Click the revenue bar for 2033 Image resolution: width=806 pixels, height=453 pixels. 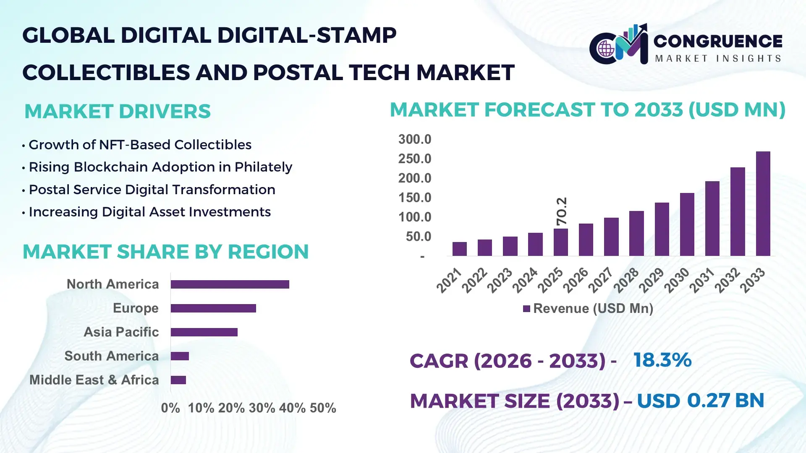click(763, 204)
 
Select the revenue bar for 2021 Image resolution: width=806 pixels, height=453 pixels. click(459, 249)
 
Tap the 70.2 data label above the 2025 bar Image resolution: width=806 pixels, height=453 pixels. click(561, 211)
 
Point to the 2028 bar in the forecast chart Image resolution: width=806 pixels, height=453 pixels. click(636, 233)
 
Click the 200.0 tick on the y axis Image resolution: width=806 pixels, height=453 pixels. click(414, 178)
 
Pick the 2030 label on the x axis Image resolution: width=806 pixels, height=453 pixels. click(676, 280)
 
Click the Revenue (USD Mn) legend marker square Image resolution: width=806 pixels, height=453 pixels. click(526, 309)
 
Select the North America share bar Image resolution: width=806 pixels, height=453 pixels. click(230, 284)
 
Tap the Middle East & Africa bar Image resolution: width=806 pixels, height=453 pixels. click(178, 380)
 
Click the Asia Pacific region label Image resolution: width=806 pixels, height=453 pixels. click(121, 332)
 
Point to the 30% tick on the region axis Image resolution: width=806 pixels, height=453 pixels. click(262, 408)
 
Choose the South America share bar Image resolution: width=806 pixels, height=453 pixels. click(180, 356)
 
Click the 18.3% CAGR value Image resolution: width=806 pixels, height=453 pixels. click(662, 360)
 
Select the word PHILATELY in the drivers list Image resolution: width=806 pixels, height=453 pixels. click(263, 167)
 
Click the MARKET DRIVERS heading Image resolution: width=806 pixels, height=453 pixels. click(118, 112)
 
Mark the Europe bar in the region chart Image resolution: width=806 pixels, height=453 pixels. click(213, 308)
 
